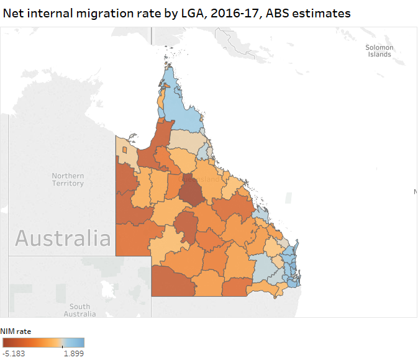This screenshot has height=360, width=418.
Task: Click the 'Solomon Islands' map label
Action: pyautogui.click(x=379, y=51)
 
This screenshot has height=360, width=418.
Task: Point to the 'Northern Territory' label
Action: pyautogui.click(x=68, y=179)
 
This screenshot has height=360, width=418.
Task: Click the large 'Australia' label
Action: pyautogui.click(x=63, y=238)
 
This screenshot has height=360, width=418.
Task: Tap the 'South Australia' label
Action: pyautogui.click(x=80, y=310)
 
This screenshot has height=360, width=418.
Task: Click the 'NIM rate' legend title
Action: pyautogui.click(x=16, y=331)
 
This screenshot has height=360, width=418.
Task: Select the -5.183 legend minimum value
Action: pyautogui.click(x=14, y=353)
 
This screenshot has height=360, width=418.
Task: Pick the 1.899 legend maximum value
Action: pyautogui.click(x=73, y=353)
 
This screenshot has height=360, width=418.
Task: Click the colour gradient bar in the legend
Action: pyautogui.click(x=43, y=342)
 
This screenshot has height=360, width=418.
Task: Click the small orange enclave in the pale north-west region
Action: pyautogui.click(x=124, y=150)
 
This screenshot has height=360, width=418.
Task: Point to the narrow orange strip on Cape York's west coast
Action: pyautogui.click(x=161, y=100)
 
